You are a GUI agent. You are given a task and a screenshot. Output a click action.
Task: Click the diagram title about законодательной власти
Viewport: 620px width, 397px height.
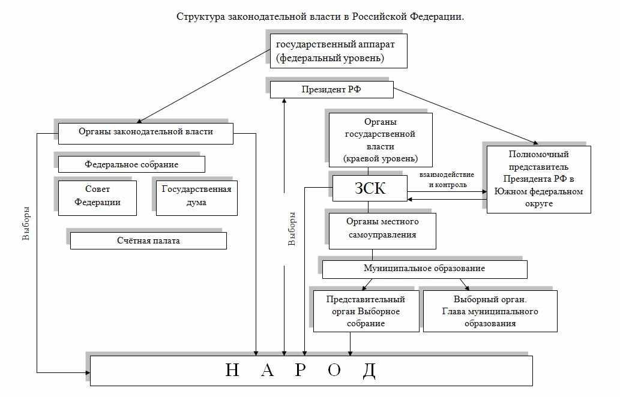(x=320, y=16)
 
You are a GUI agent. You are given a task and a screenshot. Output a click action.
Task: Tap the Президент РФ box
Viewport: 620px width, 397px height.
(x=331, y=90)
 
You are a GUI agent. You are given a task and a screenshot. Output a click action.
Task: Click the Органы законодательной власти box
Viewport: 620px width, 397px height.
(x=145, y=133)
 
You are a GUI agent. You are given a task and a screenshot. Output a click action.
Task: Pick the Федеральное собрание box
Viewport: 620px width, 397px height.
(x=131, y=164)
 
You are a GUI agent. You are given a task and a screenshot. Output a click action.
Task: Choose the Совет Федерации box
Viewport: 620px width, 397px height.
(x=97, y=196)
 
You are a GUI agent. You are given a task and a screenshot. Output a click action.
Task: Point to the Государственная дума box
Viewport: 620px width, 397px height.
(x=196, y=196)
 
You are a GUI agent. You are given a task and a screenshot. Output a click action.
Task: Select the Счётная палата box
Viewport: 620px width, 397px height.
(x=148, y=240)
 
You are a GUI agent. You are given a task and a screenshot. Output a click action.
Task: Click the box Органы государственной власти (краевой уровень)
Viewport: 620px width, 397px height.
(x=380, y=140)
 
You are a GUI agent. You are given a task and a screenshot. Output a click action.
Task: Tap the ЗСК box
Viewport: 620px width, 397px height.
(x=368, y=190)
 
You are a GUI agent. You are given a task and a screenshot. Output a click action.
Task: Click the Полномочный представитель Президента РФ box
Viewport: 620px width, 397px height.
(x=538, y=179)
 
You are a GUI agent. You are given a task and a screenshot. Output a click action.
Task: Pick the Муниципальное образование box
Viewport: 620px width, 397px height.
(x=424, y=269)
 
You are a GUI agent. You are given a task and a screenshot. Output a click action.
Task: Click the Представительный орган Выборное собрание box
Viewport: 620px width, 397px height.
(x=366, y=311)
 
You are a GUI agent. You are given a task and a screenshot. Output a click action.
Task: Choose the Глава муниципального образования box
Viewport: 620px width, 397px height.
(x=490, y=311)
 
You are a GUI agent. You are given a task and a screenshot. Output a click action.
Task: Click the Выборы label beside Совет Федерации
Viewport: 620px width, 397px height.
(x=26, y=224)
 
